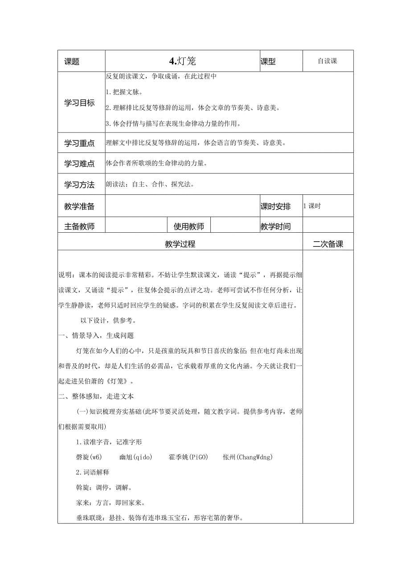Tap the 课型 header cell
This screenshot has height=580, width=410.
point(268,62)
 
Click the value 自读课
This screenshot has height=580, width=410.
point(328,61)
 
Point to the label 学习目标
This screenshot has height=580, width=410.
point(80,103)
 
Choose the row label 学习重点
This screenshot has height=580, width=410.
point(80,143)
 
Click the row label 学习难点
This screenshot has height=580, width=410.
point(80,164)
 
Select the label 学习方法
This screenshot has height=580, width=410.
point(80,185)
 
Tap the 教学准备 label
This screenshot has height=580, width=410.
point(80,206)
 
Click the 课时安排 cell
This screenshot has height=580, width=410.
point(275,206)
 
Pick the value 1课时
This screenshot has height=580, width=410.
point(312,206)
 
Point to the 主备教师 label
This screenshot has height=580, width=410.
point(80,226)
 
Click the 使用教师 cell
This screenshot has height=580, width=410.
point(189,226)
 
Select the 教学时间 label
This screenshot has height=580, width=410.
point(275,226)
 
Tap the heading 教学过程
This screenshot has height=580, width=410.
point(180,244)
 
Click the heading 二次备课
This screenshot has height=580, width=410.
point(328,244)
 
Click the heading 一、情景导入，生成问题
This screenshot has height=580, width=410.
point(96,336)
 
